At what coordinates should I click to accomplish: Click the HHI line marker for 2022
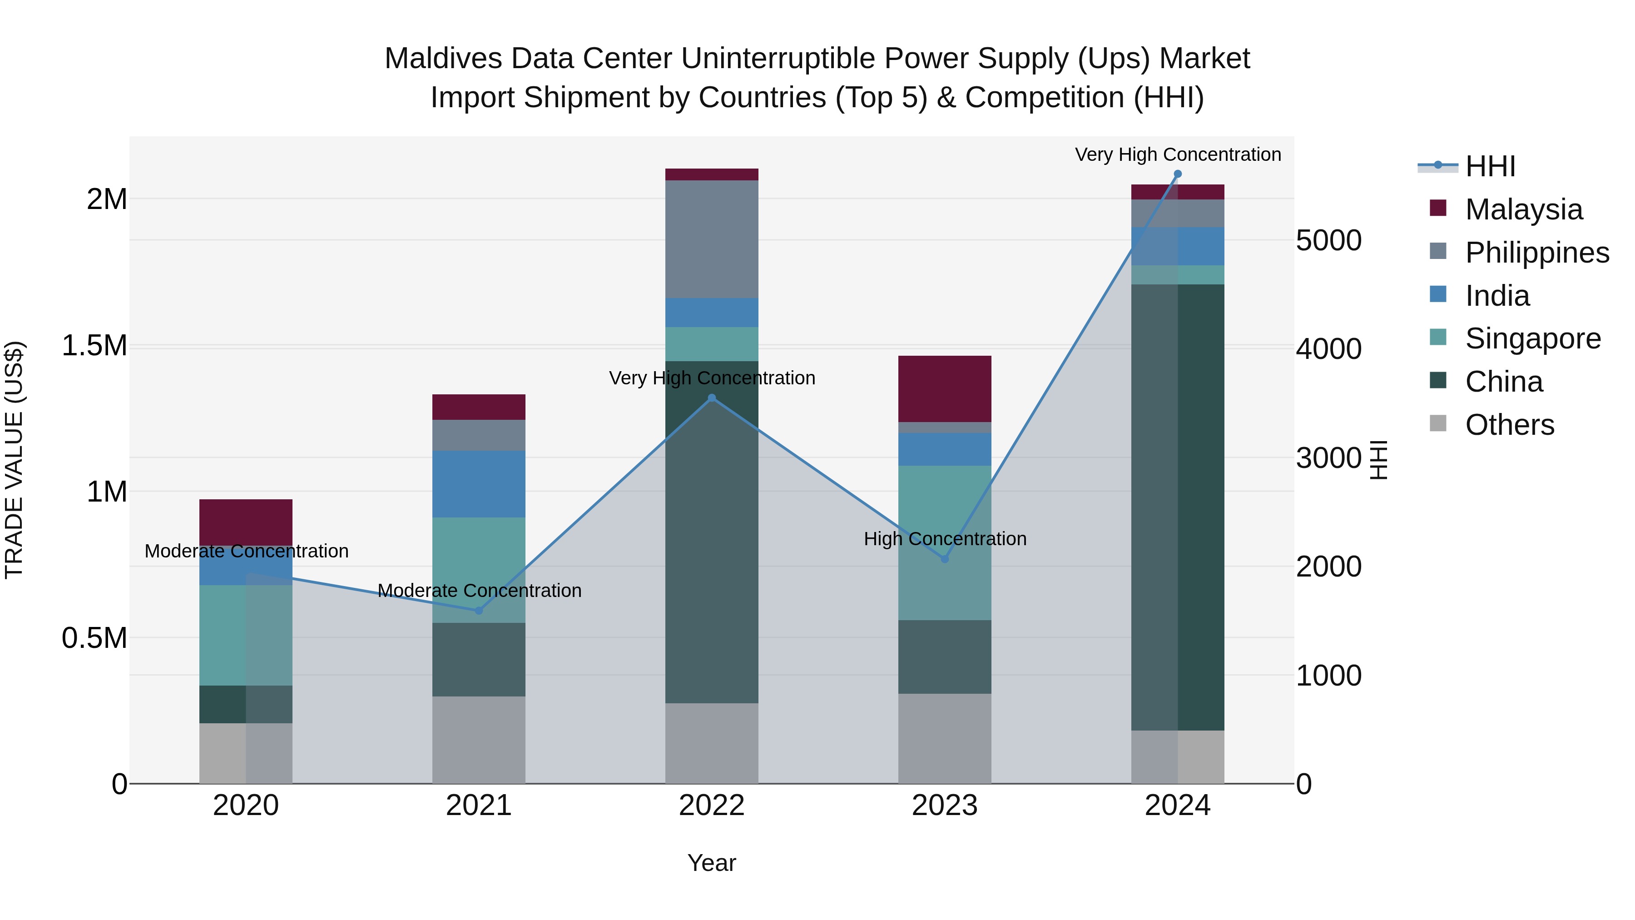click(712, 398)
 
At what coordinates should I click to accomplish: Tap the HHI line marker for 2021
click(479, 611)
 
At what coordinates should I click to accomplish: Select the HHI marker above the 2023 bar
click(945, 559)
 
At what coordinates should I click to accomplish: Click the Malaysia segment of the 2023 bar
click(945, 388)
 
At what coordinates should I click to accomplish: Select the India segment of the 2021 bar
click(479, 484)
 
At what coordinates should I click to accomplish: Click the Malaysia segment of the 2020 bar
click(246, 522)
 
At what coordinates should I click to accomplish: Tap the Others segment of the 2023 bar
click(945, 738)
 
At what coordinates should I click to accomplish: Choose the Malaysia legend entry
click(1523, 209)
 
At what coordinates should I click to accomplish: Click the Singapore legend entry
click(1532, 338)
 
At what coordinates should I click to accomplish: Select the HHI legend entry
click(1490, 166)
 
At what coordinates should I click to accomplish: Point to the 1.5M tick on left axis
click(94, 346)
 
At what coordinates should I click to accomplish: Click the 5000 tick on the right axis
click(1328, 241)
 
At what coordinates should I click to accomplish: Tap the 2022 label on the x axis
click(712, 806)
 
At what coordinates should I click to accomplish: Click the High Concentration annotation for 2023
click(945, 539)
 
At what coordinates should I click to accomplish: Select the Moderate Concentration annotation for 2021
click(479, 591)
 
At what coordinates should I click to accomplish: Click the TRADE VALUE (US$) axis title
click(14, 460)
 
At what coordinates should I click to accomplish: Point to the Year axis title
click(712, 863)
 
